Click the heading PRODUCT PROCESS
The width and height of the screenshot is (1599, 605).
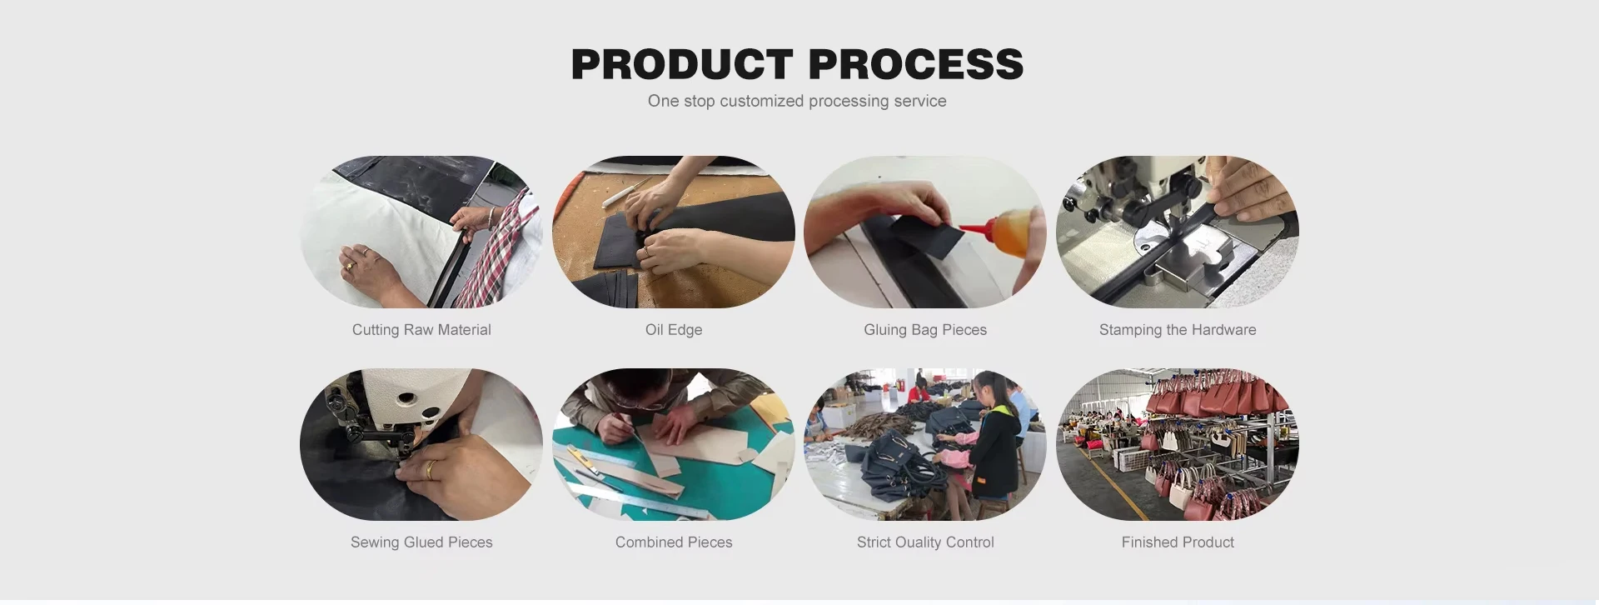point(797,64)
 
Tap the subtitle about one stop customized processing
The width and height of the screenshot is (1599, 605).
point(797,101)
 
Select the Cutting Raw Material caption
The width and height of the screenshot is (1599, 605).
point(421,330)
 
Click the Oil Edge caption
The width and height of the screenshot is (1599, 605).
point(674,330)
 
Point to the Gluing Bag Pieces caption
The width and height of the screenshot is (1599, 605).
point(925,330)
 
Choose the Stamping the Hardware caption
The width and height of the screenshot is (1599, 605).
point(1178,330)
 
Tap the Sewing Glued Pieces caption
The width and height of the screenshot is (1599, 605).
point(421,542)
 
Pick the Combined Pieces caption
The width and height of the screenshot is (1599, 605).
point(674,542)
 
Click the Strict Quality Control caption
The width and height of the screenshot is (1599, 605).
point(925,542)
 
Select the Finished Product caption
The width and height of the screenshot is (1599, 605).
point(1178,542)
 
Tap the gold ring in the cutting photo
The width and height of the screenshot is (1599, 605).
point(350,267)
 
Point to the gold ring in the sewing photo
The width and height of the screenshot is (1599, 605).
point(431,470)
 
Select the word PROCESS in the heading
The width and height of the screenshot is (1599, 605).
point(915,64)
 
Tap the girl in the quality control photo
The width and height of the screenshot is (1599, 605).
point(991,442)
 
